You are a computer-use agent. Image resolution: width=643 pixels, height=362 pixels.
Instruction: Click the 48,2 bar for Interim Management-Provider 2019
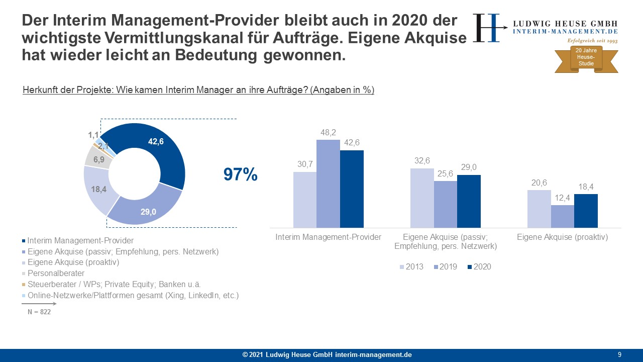point(328,184)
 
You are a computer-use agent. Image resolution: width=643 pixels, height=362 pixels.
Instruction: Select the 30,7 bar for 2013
point(304,200)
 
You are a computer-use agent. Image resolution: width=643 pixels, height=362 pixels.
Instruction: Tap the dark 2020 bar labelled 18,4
point(586,211)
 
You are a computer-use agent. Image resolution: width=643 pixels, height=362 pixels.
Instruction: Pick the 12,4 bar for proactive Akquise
point(562,216)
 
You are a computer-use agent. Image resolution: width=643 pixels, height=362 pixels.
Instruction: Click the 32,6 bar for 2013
point(422,198)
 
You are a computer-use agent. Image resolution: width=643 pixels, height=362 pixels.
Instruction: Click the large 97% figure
point(240,175)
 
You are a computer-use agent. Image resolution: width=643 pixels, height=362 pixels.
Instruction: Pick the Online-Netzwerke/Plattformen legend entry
point(133,296)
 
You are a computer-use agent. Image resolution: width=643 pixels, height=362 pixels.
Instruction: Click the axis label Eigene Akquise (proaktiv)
point(562,237)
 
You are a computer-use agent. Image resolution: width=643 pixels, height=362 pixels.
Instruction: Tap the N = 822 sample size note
point(39,312)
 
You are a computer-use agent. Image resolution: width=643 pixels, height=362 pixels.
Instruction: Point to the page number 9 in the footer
point(619,355)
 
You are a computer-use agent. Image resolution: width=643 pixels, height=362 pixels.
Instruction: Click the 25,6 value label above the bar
point(445,173)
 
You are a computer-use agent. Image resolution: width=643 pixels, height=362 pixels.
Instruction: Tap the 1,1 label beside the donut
point(93,135)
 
